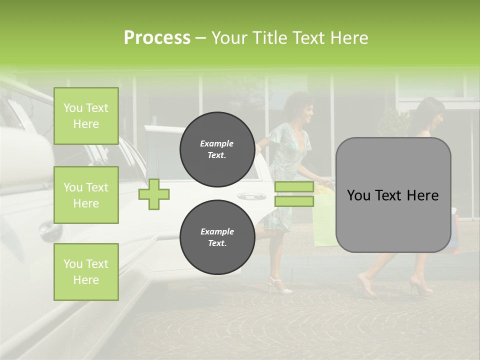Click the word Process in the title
click(x=157, y=38)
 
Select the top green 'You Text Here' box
click(x=86, y=116)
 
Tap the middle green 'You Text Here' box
click(x=86, y=195)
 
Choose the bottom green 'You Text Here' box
click(x=86, y=272)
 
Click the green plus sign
click(x=154, y=194)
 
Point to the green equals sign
click(x=294, y=194)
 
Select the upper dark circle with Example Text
click(x=217, y=149)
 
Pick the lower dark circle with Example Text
click(x=217, y=237)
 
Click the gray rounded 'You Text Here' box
click(x=393, y=195)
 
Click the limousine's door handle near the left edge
click(x=48, y=230)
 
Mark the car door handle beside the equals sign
click(x=250, y=196)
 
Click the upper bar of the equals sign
click(x=294, y=187)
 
